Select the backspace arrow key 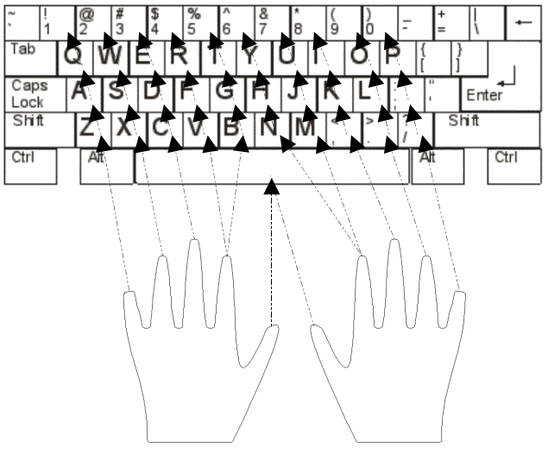point(522,22)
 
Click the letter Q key point(76,57)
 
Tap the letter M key point(305,128)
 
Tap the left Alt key point(105,166)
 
